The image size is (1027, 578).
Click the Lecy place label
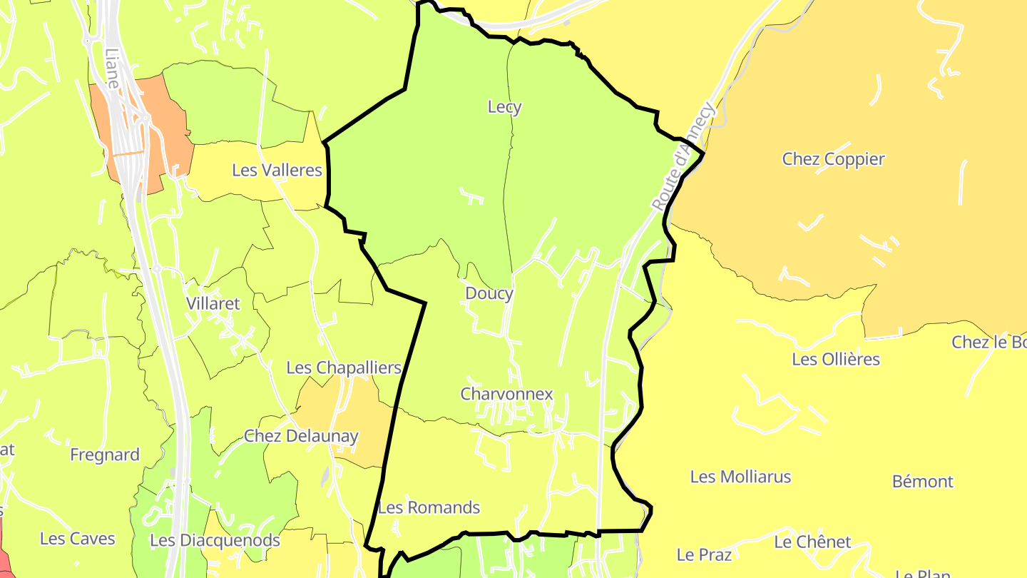pyautogui.click(x=504, y=107)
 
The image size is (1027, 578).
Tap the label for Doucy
pyautogui.click(x=489, y=293)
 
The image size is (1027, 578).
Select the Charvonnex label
pyautogui.click(x=506, y=394)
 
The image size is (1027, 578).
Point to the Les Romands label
pyautogui.click(x=429, y=507)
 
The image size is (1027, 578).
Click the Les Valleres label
pyautogui.click(x=277, y=171)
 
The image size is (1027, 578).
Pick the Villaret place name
pyautogui.click(x=213, y=303)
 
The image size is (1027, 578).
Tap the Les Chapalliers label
pyautogui.click(x=344, y=367)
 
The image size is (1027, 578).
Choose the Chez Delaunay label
pyautogui.click(x=301, y=436)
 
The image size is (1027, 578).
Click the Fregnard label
pyautogui.click(x=105, y=455)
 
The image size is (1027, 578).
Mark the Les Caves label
pyautogui.click(x=77, y=538)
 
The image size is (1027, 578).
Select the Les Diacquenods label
pyautogui.click(x=215, y=540)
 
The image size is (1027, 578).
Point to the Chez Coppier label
pyautogui.click(x=833, y=159)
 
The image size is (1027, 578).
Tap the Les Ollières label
pyautogui.click(x=836, y=359)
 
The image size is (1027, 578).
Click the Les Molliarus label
pyautogui.click(x=740, y=477)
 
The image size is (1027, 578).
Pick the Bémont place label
pyautogui.click(x=922, y=482)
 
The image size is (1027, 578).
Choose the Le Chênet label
pyautogui.click(x=812, y=542)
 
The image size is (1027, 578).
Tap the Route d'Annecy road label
pyautogui.click(x=683, y=156)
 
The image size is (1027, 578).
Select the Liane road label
pyautogui.click(x=111, y=69)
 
